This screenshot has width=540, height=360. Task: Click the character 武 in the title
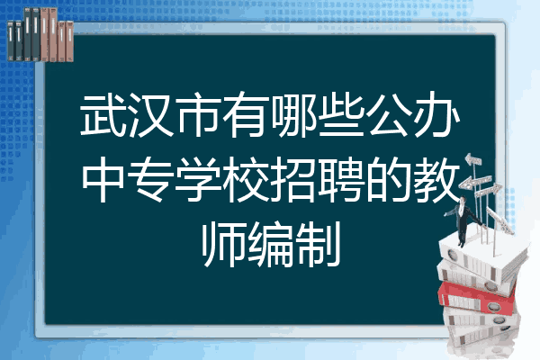[103, 114]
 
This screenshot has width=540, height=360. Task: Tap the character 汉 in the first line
[151, 114]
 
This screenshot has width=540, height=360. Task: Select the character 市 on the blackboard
[199, 114]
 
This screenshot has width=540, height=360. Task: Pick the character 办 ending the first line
[436, 114]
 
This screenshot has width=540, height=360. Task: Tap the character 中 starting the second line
[103, 179]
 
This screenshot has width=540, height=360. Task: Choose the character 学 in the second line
[199, 179]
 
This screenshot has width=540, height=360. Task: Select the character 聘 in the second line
[341, 179]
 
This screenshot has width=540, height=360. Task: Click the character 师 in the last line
[223, 245]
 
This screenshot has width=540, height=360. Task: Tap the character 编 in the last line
[271, 245]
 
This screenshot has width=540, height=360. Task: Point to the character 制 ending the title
[319, 245]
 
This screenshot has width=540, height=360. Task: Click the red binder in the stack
[477, 298]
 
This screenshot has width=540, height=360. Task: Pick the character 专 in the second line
[151, 179]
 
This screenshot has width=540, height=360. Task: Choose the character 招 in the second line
[293, 179]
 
